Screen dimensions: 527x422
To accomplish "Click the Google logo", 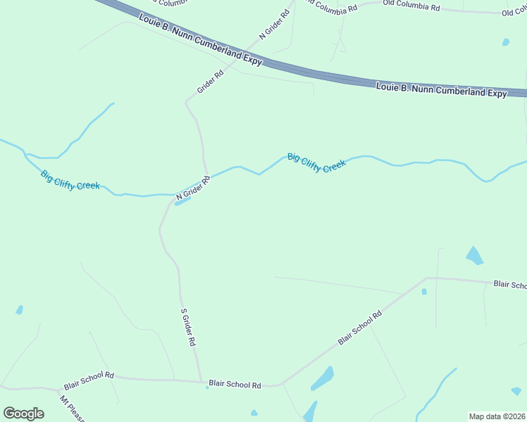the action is pyautogui.click(x=24, y=414).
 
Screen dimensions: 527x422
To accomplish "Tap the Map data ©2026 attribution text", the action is pyautogui.click(x=497, y=416).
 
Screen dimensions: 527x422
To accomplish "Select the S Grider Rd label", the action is pyautogui.click(x=187, y=327).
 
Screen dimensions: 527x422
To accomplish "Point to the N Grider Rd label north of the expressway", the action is pyautogui.click(x=275, y=24).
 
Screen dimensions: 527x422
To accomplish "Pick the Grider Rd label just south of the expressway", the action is pyautogui.click(x=210, y=81).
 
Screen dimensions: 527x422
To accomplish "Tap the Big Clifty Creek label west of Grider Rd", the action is pyautogui.click(x=70, y=181).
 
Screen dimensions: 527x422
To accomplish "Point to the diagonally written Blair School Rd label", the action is pyautogui.click(x=359, y=328).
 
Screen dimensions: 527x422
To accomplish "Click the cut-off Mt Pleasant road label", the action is pyautogui.click(x=72, y=409).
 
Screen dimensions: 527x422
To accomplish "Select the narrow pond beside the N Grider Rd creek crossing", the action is pyautogui.click(x=182, y=202).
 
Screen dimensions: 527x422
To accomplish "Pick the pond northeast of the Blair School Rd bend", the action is pyautogui.click(x=475, y=255).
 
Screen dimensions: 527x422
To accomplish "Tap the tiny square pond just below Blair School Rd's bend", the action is pyautogui.click(x=424, y=291).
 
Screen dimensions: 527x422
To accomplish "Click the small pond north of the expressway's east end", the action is pyautogui.click(x=506, y=42).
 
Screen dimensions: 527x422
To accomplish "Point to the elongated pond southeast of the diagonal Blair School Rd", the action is pyautogui.click(x=322, y=378).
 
